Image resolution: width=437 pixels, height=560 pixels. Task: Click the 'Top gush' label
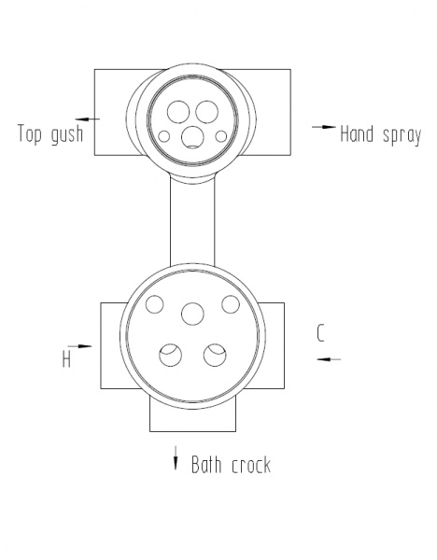point(50,134)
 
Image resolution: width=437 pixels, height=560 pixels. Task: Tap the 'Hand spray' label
point(381,135)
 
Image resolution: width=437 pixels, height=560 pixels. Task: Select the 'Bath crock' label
point(232,465)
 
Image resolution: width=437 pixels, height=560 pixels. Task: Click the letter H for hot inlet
point(66,358)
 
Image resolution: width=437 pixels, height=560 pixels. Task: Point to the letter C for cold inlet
point(320,333)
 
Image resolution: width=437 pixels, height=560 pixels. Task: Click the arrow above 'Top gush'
point(87,119)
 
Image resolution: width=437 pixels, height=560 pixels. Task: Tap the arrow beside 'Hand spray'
point(324,127)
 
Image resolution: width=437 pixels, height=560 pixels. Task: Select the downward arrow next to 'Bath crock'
point(176,458)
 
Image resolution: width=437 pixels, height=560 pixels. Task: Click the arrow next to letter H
point(79,346)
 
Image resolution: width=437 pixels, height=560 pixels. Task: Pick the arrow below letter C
point(329,359)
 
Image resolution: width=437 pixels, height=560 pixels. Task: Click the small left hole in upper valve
point(164,136)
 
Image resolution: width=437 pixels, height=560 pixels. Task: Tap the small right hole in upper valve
point(221,136)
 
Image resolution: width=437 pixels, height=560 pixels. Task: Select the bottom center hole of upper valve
point(192,137)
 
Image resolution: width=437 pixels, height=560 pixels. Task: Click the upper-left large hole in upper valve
point(178,111)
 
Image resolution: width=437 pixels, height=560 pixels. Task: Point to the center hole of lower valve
point(192,314)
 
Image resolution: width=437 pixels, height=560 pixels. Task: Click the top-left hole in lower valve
point(155,304)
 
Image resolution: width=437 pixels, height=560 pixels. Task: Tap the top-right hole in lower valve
point(231,304)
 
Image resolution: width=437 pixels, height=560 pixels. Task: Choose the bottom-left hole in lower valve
point(171,355)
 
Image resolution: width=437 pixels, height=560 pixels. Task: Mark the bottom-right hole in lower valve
point(215,355)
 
